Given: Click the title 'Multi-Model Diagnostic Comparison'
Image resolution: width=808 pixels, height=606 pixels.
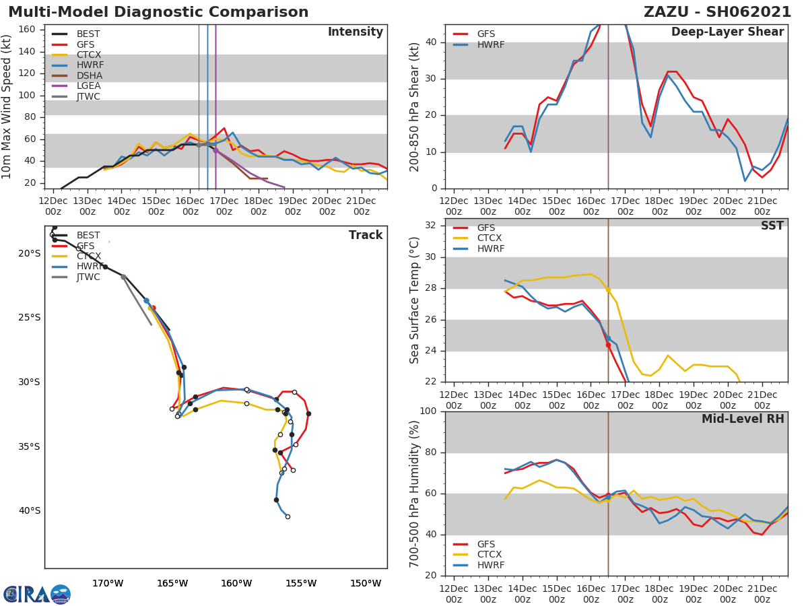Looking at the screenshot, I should coord(158,12).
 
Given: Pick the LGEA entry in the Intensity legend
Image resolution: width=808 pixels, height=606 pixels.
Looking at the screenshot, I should coord(88,86).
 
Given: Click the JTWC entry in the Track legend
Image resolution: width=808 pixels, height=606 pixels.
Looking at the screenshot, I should coord(88,277).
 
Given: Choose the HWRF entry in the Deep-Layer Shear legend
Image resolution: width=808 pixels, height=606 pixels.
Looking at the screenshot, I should coord(490,44).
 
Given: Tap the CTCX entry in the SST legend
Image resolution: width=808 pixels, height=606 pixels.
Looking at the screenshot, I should coord(490,238).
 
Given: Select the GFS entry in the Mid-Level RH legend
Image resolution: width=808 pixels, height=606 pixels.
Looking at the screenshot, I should coord(485,544).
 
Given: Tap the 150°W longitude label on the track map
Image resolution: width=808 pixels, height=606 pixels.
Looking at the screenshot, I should coord(365,583).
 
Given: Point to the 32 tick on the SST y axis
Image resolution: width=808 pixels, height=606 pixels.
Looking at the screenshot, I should coord(432,226).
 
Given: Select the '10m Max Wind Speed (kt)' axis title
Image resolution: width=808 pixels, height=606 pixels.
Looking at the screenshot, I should coord(7,106).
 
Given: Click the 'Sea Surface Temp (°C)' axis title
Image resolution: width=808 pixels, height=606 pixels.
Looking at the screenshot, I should coord(415,300).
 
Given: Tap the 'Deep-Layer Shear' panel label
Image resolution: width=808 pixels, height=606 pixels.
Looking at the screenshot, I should coord(727,32).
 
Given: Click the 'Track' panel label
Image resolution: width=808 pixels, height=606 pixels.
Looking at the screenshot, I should coord(365,235).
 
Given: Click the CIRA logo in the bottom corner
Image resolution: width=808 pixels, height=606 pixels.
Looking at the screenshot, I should coord(36,594).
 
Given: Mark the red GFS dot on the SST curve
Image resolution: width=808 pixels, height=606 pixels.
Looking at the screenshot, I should coord(608,345).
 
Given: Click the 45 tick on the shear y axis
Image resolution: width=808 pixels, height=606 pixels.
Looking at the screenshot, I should coord(432,24).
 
